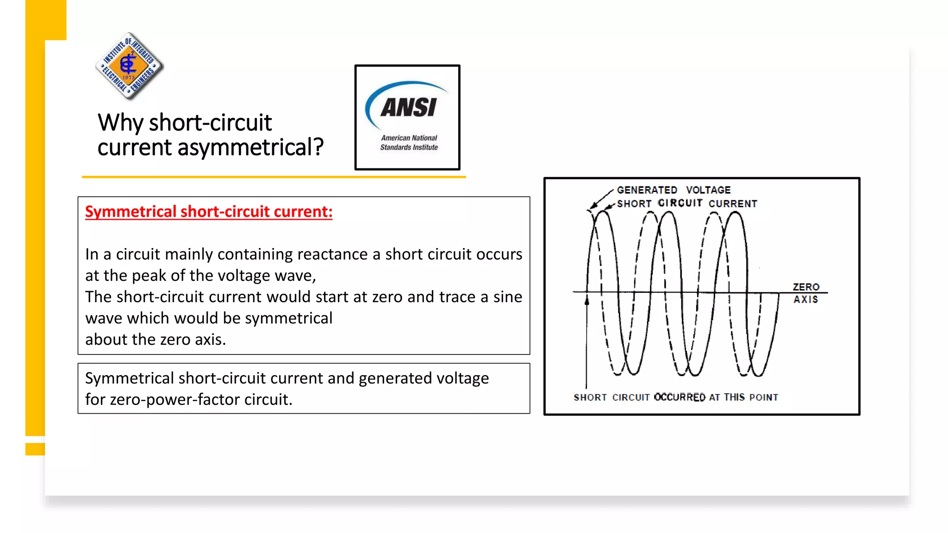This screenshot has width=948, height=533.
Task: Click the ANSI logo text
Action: pos(408,107)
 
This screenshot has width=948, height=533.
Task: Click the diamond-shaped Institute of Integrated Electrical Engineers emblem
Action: pos(129,66)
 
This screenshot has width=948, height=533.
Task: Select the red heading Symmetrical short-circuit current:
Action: pos(209,211)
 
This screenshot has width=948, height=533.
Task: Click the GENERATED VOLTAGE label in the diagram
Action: pos(674,190)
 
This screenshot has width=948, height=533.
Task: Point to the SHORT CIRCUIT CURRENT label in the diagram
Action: pos(687,204)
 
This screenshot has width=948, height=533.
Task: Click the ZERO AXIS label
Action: pos(806,293)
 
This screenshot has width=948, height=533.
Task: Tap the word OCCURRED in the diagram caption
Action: pos(680,397)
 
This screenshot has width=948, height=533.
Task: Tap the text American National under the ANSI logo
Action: pos(409,138)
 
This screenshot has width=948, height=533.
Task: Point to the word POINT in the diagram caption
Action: pos(764,397)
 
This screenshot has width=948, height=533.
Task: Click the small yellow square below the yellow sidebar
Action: pos(35,449)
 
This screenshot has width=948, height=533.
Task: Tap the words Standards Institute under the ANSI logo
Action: pos(409,147)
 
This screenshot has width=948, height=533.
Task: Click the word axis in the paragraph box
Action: pos(208,340)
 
